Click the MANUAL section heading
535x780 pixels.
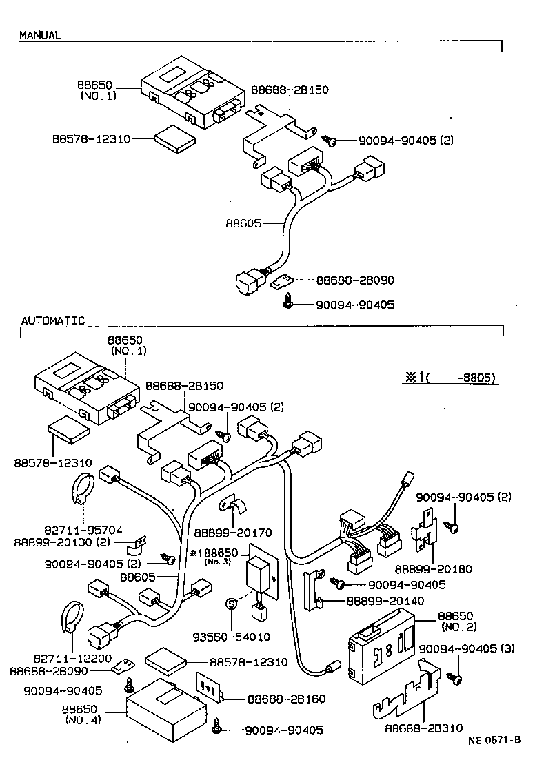coord(39,34)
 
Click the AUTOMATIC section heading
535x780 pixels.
coord(52,320)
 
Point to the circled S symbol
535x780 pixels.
coord(232,604)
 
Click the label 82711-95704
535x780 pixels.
coord(83,530)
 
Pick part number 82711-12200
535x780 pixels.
coord(83,658)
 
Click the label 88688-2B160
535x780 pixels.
coord(276,699)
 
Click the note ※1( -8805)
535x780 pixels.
coord(451,378)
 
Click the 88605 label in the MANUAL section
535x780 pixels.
coord(241,223)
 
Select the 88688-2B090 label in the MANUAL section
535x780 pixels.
coord(355,280)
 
